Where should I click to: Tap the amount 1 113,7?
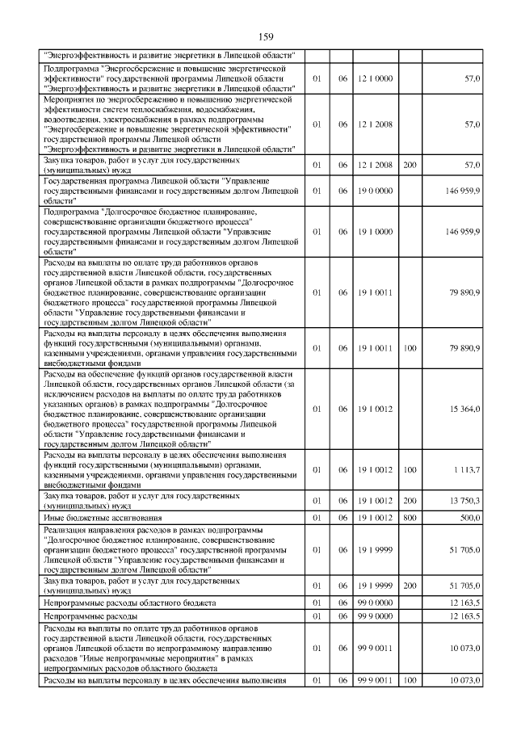click(465, 469)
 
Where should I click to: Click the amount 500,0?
click(469, 517)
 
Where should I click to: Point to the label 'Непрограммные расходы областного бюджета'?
click(130, 603)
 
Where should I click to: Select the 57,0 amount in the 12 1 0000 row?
click(472, 78)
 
